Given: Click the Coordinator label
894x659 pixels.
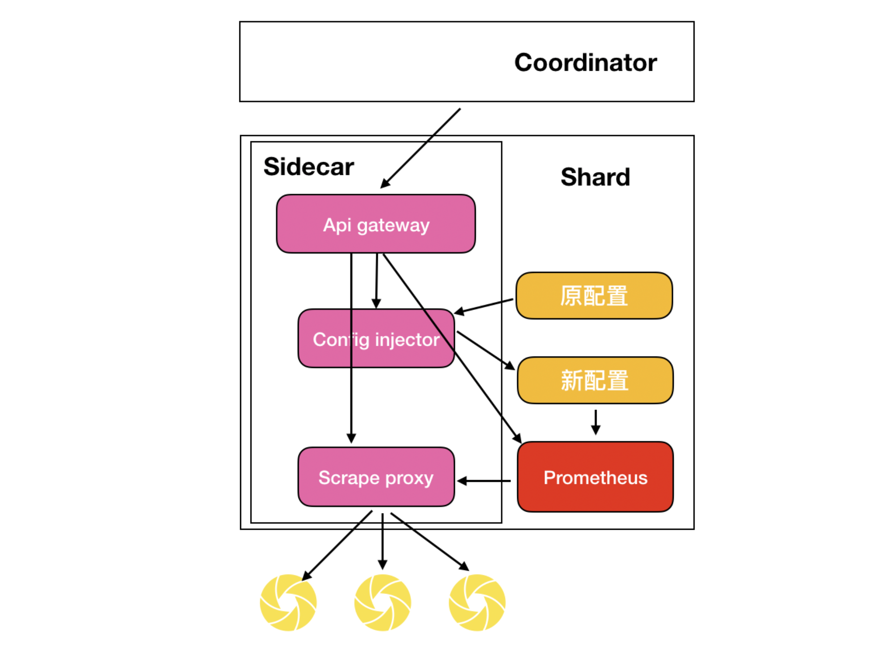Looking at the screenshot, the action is [585, 62].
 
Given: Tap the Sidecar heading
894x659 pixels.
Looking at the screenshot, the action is [309, 166].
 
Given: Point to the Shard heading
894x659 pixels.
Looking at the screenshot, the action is [595, 177].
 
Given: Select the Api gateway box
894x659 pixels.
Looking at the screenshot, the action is [376, 224].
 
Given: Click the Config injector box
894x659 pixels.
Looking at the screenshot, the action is [376, 339].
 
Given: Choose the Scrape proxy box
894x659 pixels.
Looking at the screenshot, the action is [376, 477].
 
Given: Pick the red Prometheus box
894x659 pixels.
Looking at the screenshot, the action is [595, 477].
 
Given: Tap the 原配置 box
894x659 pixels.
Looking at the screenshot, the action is [594, 296].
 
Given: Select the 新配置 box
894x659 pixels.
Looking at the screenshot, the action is [595, 380].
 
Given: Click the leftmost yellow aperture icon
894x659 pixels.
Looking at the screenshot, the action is [288, 603].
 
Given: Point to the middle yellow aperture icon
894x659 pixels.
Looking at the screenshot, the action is [382, 603].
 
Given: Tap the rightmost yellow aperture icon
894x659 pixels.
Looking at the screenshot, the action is [477, 603].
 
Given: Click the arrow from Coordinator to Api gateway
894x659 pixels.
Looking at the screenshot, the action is [421, 148].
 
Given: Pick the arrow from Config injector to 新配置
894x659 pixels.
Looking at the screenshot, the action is [486, 350].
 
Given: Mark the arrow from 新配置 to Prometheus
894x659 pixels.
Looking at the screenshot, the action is [596, 422].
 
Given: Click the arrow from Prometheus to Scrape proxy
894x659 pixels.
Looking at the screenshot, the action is [484, 481].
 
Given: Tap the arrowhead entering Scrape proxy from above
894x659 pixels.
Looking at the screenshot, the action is [351, 438].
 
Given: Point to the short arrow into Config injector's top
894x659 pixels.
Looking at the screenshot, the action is [376, 281].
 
